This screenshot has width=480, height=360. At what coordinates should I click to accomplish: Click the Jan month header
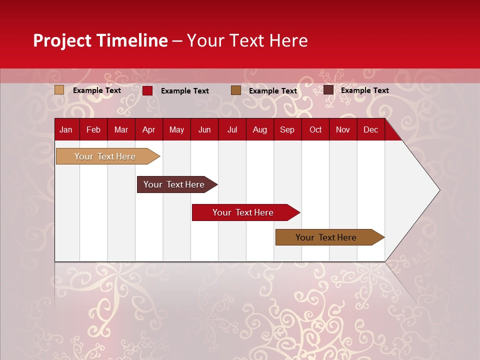click(x=66, y=130)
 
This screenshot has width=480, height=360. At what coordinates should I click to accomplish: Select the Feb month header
click(x=93, y=130)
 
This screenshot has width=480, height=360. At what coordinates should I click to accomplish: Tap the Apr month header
click(x=148, y=130)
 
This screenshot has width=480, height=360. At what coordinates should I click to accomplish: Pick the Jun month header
click(x=204, y=130)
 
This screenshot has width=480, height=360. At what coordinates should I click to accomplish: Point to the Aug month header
click(x=259, y=130)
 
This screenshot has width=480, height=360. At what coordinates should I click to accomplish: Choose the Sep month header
click(x=287, y=130)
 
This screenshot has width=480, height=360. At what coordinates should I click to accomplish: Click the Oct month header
click(x=315, y=130)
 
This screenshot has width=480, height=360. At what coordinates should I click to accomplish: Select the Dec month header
click(x=370, y=130)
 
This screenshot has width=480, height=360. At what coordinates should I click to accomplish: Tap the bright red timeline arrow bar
click(x=243, y=212)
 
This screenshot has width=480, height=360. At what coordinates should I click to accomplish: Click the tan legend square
click(x=59, y=90)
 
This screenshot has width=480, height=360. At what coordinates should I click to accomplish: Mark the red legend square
click(x=147, y=90)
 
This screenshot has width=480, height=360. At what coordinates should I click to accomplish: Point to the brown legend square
click(x=235, y=90)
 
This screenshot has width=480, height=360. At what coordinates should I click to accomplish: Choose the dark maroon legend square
click(x=328, y=90)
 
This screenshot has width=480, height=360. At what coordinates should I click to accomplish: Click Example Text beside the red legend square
click(x=184, y=91)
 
